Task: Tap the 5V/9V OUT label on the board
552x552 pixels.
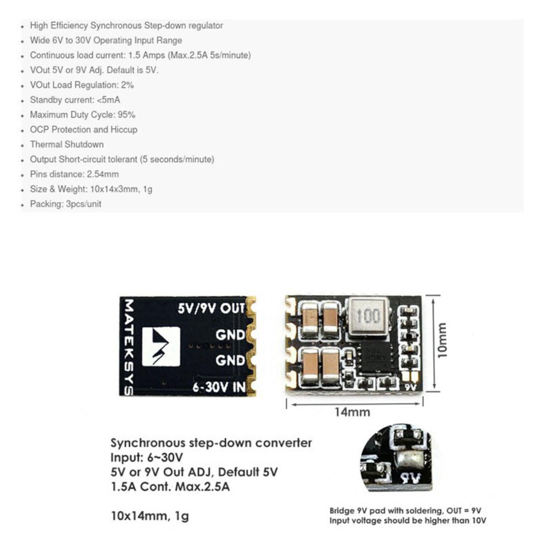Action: tap(211, 308)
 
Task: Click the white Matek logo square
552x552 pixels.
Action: tap(161, 346)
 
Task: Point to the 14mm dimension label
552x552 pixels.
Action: tap(352, 412)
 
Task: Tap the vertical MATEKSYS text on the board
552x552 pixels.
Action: tap(128, 346)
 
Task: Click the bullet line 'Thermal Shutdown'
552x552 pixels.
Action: tap(67, 144)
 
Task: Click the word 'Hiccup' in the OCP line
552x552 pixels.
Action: tap(124, 129)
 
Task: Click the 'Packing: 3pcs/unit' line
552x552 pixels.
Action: tap(66, 204)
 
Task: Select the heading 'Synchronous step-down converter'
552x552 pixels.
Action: tap(211, 443)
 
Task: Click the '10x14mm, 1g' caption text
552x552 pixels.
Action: tap(150, 516)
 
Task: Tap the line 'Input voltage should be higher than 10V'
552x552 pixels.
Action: tap(407, 520)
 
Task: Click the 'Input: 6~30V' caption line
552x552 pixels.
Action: tap(147, 457)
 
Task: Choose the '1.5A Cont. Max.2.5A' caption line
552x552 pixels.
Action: tap(170, 487)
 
